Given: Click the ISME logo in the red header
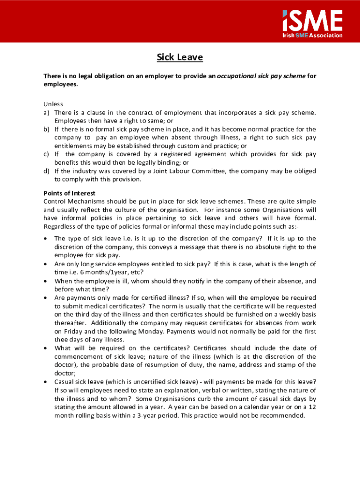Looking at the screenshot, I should point(312,21).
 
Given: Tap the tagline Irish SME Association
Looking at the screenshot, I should point(312,36).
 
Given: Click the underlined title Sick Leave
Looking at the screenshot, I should point(180,58).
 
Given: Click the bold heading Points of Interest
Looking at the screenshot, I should point(69,193).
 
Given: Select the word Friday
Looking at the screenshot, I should point(66,331).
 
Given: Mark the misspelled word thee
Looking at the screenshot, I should point(62,340).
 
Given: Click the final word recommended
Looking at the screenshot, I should point(281,415).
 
